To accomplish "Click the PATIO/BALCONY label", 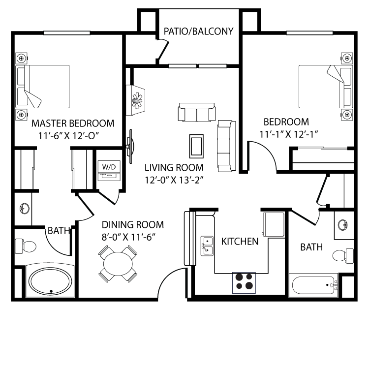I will pos(198,31).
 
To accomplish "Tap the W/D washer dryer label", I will pos(109,167).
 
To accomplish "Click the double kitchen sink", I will pos(207,246).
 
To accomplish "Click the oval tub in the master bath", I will pos(50,282).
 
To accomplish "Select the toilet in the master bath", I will pos(25,245).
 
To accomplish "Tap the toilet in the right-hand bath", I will pos(342,255).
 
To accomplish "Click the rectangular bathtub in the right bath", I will pos(313,285).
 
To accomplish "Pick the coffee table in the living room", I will pos(197,146).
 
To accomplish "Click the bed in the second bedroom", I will pos(326,87).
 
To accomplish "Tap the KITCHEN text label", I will pos(240,242).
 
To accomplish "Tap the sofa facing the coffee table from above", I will pos(197,112).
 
